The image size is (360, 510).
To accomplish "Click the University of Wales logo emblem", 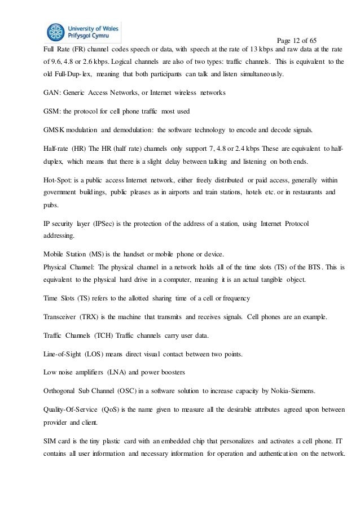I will point(57,33).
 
